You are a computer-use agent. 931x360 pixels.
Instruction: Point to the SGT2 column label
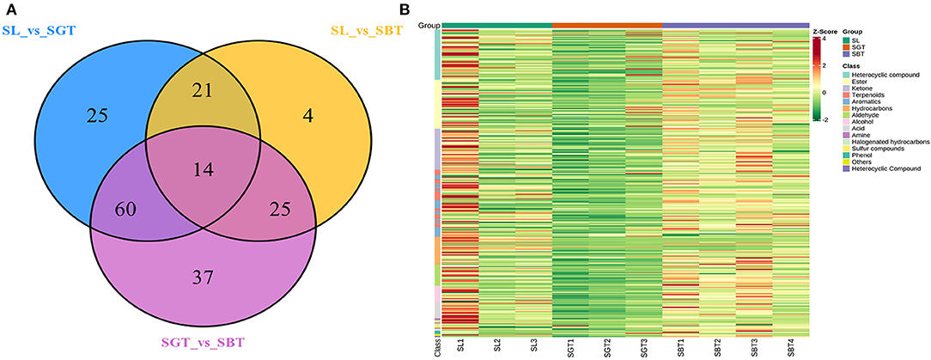pyautogui.click(x=607, y=350)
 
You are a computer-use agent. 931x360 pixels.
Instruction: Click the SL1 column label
pyautogui.click(x=461, y=350)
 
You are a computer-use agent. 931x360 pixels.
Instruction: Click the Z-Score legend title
pyautogui.click(x=825, y=32)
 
